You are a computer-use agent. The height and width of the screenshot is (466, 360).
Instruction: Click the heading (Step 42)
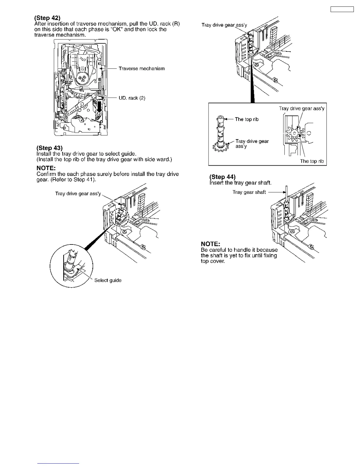click(x=47, y=18)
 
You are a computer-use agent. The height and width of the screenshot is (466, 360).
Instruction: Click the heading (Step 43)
click(x=49, y=148)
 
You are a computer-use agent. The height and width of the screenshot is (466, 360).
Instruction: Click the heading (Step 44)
click(x=222, y=177)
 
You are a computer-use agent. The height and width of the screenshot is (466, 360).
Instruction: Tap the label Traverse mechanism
click(x=141, y=69)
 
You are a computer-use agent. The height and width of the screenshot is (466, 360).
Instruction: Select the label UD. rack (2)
click(x=132, y=98)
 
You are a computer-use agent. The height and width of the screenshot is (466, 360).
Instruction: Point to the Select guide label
click(x=108, y=280)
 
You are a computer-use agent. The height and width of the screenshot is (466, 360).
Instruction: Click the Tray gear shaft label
click(x=249, y=192)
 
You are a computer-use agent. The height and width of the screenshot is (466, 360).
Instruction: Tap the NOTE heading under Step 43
click(x=46, y=168)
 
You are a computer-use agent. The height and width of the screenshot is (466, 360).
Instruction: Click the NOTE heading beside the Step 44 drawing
click(x=210, y=244)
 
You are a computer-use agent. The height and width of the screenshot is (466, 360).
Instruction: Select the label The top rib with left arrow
click(x=246, y=119)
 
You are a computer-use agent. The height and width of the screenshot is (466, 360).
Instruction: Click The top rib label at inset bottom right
click(x=312, y=161)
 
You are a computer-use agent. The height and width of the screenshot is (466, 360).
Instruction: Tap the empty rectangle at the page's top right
click(x=342, y=9)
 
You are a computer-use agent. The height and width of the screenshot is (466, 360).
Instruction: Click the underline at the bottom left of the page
click(x=58, y=463)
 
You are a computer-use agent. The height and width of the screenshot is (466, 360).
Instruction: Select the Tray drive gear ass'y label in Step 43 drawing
click(x=78, y=194)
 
